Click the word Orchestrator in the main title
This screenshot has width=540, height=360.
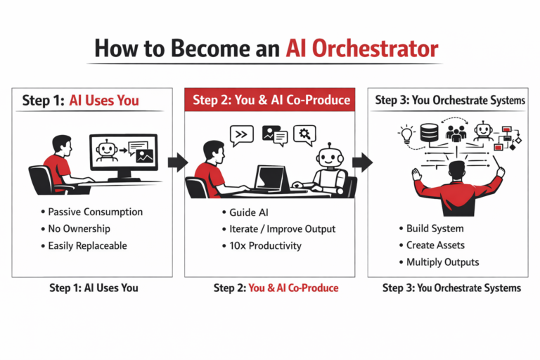tap(361, 49)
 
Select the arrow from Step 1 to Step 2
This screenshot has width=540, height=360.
tap(178, 162)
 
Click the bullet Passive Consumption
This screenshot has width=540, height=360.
tap(94, 212)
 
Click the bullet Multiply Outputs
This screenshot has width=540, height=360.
tap(442, 262)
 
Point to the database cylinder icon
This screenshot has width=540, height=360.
tap(430, 134)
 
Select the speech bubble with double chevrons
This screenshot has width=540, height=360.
tap(242, 134)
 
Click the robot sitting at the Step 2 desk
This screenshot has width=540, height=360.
tap(327, 169)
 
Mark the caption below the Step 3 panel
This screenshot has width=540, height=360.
tap(451, 288)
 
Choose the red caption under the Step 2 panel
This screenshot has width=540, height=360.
tap(276, 288)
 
